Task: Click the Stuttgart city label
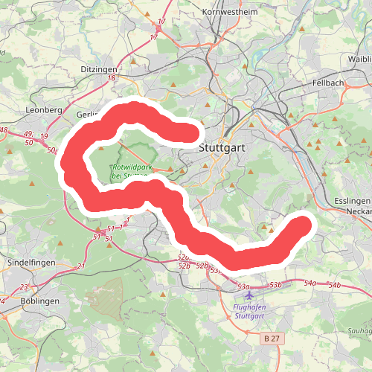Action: pos(222,148)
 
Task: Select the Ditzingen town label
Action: pos(99,68)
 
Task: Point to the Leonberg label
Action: pos(44,109)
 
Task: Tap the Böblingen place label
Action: pos(40,301)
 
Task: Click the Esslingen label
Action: pos(353,202)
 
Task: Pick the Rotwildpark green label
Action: pos(126,171)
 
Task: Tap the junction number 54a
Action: pos(310,283)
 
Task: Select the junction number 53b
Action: pos(275,285)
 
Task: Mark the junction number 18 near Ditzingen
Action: pos(112,77)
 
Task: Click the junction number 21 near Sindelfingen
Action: pos(81,266)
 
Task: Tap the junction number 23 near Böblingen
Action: pos(24,287)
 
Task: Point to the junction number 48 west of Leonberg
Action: pos(4,130)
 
